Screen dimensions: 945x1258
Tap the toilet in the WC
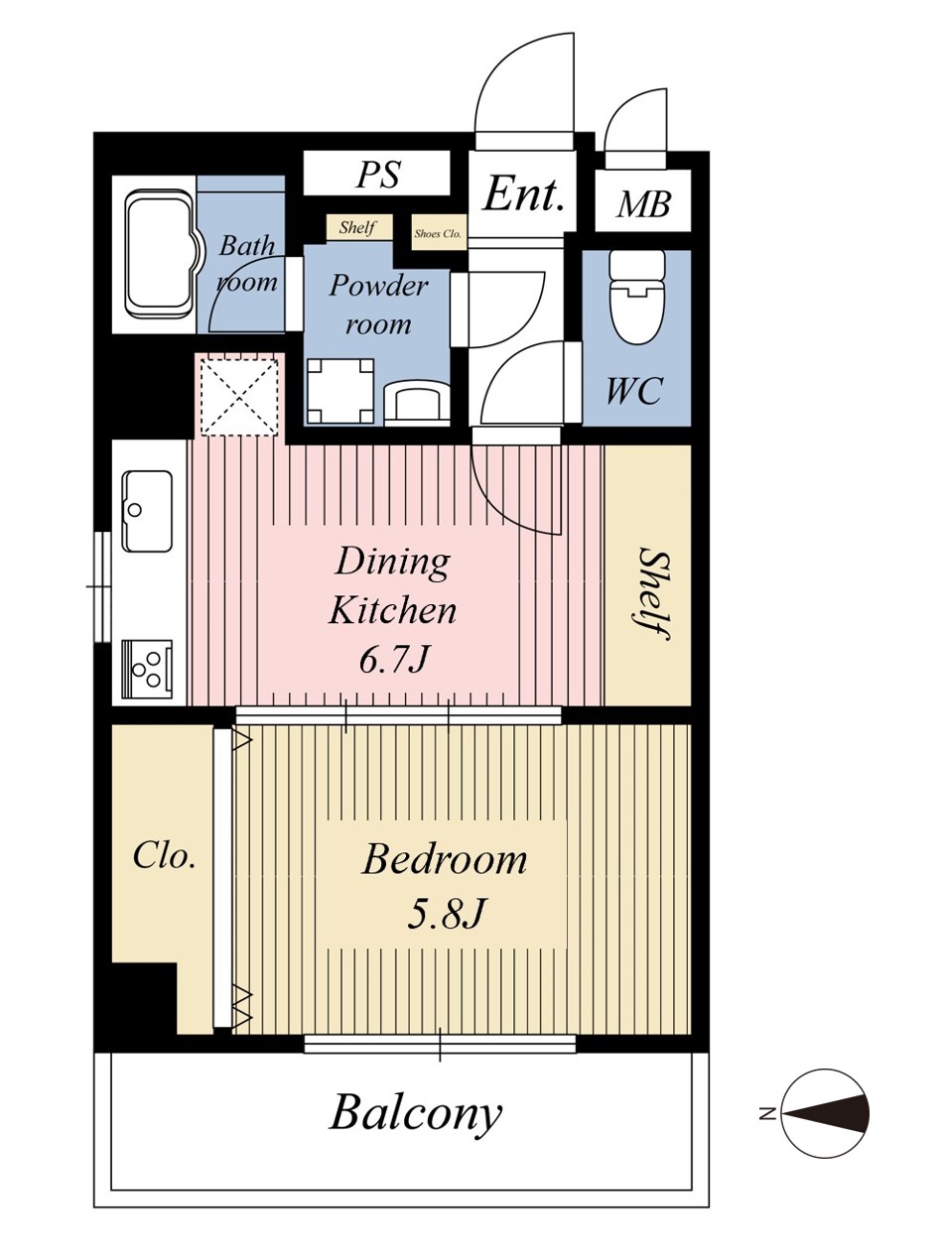(x=636, y=298)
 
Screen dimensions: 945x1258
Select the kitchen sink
(x=147, y=511)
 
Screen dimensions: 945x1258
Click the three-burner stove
(x=147, y=669)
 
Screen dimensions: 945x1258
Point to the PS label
(x=378, y=174)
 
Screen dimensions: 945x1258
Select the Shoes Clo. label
(x=438, y=234)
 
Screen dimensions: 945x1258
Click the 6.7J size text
(x=393, y=660)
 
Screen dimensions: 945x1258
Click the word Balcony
(x=416, y=1114)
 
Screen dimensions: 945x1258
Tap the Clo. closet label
(x=164, y=856)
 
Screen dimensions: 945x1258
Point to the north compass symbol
(x=825, y=1114)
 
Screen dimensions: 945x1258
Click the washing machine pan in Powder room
(x=340, y=392)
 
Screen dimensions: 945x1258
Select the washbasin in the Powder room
(x=416, y=403)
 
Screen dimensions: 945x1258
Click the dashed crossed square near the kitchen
(x=238, y=396)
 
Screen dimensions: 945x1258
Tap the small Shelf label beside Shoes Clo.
(x=357, y=227)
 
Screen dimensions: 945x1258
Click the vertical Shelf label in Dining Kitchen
(x=652, y=593)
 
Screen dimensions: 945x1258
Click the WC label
(x=634, y=391)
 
